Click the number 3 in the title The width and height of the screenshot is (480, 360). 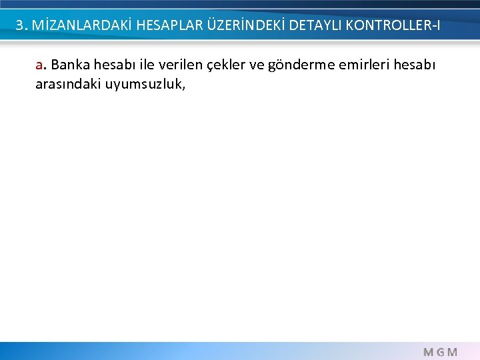tap(20, 26)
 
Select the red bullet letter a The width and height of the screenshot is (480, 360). tap(39, 66)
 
